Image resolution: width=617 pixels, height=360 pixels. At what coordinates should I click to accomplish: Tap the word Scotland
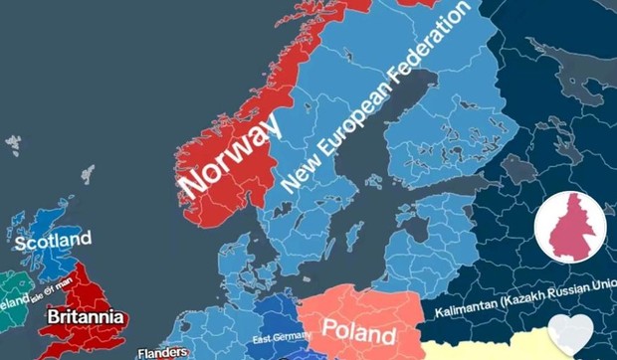[52, 240]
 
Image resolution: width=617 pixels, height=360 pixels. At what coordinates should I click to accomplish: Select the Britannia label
[86, 317]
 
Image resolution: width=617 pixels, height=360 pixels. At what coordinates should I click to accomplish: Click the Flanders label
[163, 351]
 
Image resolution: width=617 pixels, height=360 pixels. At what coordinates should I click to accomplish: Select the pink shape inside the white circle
[571, 226]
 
